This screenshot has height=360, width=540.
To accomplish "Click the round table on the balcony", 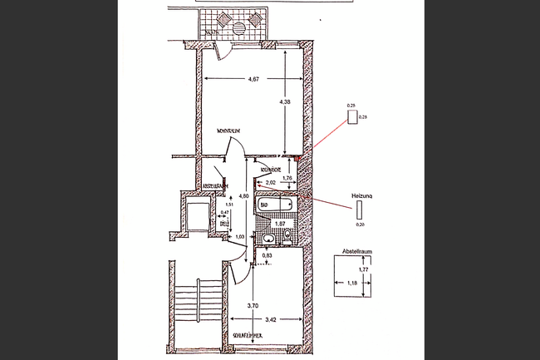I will click(241, 26).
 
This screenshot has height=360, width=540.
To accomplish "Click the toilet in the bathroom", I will click(287, 236).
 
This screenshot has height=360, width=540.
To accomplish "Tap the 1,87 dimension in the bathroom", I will click(281, 223).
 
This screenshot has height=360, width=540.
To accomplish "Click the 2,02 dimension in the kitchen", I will click(271, 182).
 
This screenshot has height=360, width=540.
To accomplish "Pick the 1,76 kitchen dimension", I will click(287, 177).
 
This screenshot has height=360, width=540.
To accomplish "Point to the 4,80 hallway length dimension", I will click(243, 196).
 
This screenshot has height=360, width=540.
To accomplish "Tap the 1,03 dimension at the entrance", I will click(239, 237).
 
